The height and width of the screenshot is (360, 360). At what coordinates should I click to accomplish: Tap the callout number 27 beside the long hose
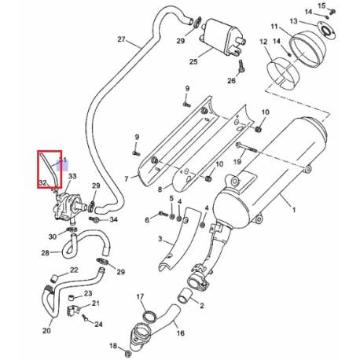click(121, 39)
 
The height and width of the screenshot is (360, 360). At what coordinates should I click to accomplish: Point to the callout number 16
click(181, 333)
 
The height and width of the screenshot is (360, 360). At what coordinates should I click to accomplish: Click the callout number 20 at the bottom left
click(46, 330)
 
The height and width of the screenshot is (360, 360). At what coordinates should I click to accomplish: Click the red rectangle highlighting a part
click(51, 169)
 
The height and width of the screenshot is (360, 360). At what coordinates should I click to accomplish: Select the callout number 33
click(72, 177)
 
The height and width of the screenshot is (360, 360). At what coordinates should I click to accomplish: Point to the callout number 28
click(45, 252)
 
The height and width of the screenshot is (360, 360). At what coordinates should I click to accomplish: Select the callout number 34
click(113, 219)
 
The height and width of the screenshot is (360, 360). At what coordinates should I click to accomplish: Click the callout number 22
click(74, 270)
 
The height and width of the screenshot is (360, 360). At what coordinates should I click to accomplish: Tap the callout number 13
click(293, 20)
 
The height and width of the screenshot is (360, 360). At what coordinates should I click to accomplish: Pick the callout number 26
click(232, 80)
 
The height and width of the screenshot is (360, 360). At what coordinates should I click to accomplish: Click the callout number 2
click(201, 306)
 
